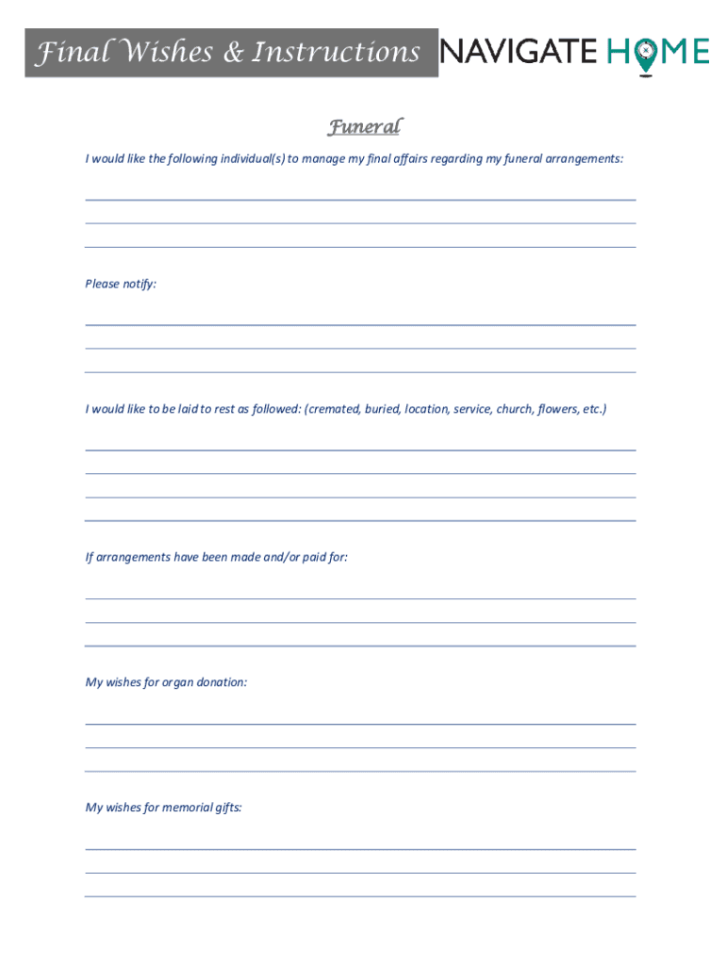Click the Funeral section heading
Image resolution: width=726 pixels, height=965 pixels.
[x=364, y=127]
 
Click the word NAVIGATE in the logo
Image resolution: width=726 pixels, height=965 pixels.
[x=519, y=51]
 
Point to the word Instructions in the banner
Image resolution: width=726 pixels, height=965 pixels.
[x=335, y=53]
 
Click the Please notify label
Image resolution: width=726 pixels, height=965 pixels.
[x=121, y=284]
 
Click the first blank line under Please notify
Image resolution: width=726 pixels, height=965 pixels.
[x=360, y=324]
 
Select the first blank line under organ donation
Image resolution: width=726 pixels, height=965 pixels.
[x=360, y=723]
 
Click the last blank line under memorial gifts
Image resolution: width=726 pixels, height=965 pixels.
[x=360, y=895]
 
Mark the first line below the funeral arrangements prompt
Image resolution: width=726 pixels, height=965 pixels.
[x=360, y=199]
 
